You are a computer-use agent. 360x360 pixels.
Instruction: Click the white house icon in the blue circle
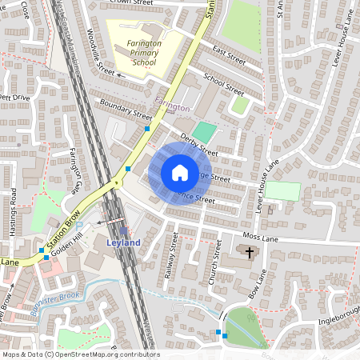click(x=179, y=172)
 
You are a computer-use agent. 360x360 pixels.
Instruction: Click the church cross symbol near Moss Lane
click(x=250, y=253)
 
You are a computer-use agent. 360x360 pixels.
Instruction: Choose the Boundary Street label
click(x=120, y=111)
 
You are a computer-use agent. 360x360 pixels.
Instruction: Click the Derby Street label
click(x=199, y=144)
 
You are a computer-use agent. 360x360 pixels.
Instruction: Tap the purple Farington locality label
click(x=172, y=106)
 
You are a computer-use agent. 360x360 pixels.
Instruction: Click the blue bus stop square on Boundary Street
click(x=147, y=128)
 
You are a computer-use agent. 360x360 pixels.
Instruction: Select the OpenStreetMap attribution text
click(x=80, y=354)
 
